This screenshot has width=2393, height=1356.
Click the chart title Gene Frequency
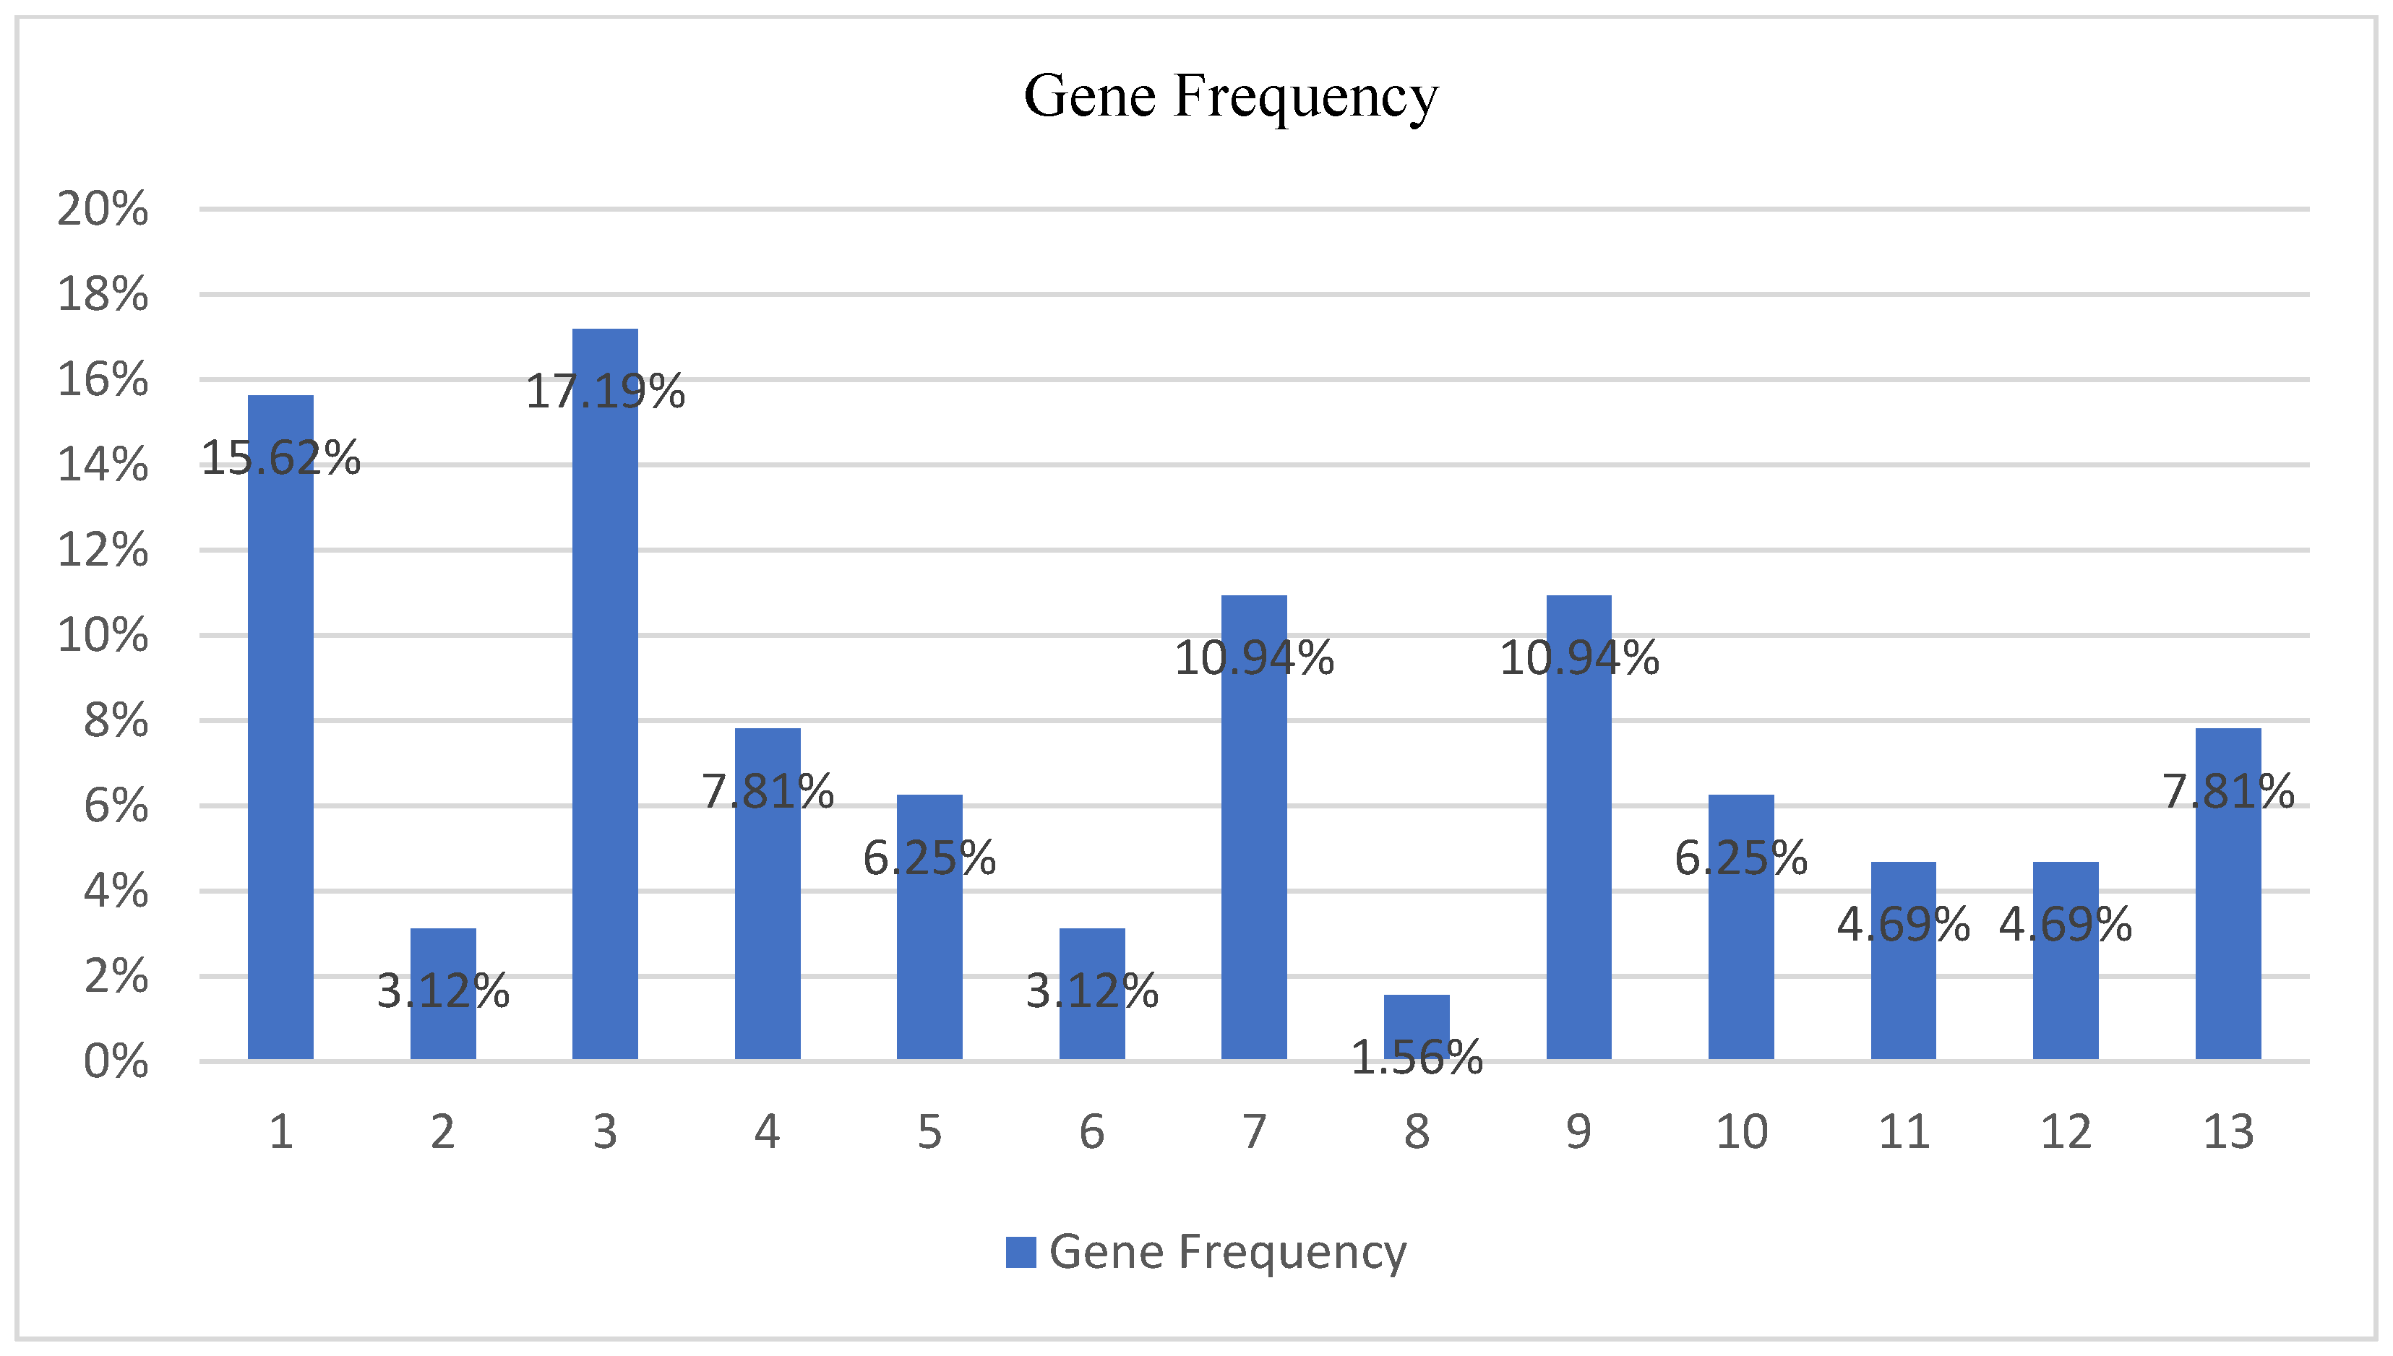[x=1231, y=96]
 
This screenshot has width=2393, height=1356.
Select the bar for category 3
[x=604, y=694]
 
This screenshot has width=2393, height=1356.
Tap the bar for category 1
[x=280, y=727]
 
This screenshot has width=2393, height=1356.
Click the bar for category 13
[x=2227, y=894]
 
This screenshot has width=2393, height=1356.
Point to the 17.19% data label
[x=604, y=391]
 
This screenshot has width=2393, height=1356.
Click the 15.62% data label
[x=280, y=458]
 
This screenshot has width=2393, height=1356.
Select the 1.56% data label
[x=1416, y=1058]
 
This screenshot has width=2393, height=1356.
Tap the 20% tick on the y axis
[x=103, y=209]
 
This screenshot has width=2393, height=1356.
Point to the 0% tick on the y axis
[x=116, y=1061]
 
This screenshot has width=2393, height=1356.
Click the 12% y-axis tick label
[x=103, y=550]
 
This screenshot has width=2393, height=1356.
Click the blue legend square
[x=1020, y=1252]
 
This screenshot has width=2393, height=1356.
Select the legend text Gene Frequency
[x=1226, y=1252]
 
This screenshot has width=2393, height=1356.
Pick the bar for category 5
[x=929, y=927]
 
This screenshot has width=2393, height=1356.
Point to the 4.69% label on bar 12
[x=2065, y=925]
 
